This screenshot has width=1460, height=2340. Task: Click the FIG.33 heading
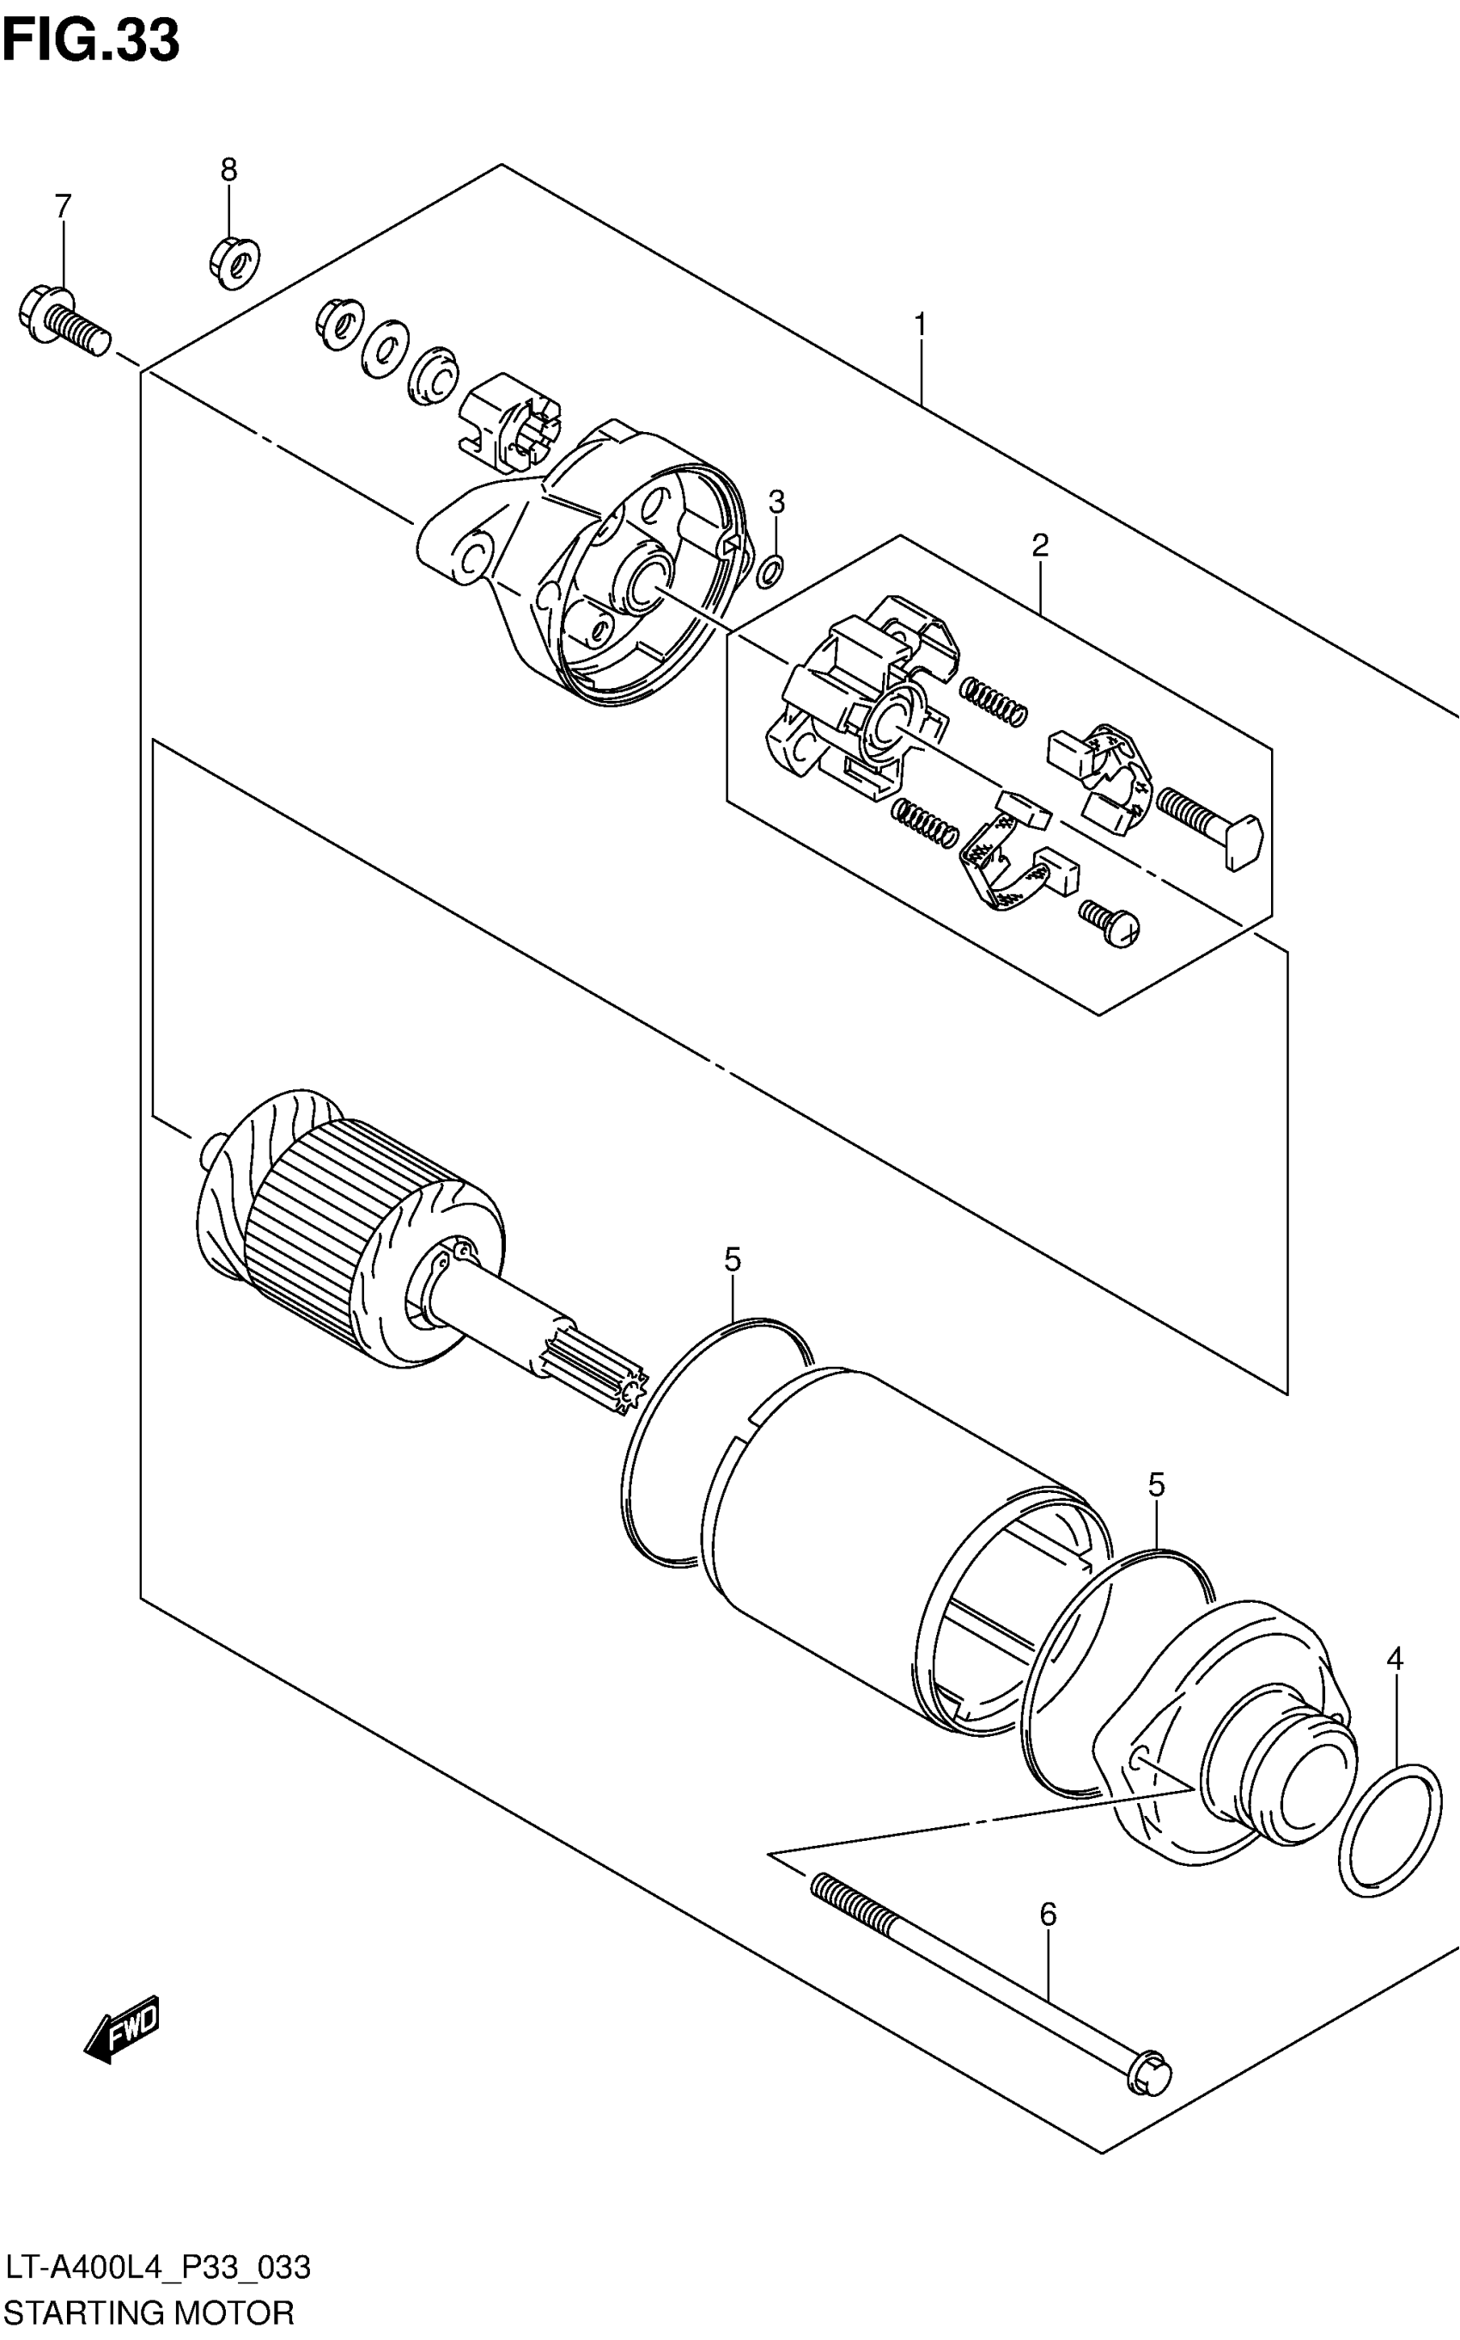[x=91, y=41]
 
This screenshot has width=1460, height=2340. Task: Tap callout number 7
[x=63, y=205]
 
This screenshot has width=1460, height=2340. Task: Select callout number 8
[x=228, y=170]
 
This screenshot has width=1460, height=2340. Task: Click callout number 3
[x=776, y=501]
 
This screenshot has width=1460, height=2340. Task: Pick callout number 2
[x=1039, y=545]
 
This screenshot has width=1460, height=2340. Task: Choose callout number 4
[x=1395, y=1659]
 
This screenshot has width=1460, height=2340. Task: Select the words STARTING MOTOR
[x=149, y=2313]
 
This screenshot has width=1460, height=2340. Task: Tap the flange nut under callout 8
[x=234, y=259]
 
